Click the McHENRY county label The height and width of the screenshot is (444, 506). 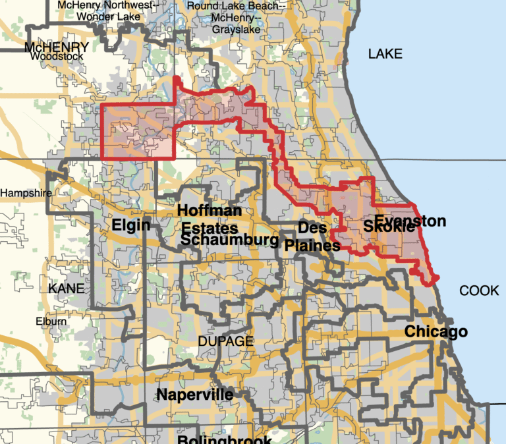point(56,47)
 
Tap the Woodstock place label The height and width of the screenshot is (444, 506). point(56,57)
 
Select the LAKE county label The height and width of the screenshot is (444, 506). point(385,54)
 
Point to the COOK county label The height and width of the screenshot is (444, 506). point(479,291)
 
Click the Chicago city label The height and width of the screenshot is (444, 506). point(436,331)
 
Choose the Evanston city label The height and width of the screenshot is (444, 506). point(410,221)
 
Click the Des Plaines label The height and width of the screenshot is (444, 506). point(312,236)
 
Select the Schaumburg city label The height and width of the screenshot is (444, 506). point(229,240)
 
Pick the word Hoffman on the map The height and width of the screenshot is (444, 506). point(209,211)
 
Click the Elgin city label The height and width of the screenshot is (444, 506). point(131,226)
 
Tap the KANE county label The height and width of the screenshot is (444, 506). point(67,289)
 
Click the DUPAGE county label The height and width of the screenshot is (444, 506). point(225,341)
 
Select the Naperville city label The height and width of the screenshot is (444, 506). point(194,395)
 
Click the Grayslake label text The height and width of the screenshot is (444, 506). point(236,29)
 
